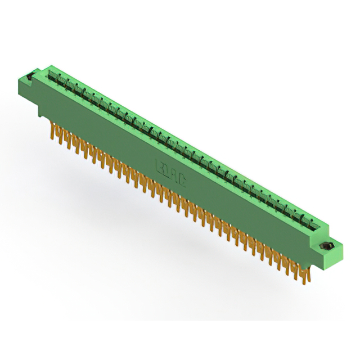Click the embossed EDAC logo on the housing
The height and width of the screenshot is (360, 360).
click(170, 172)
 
